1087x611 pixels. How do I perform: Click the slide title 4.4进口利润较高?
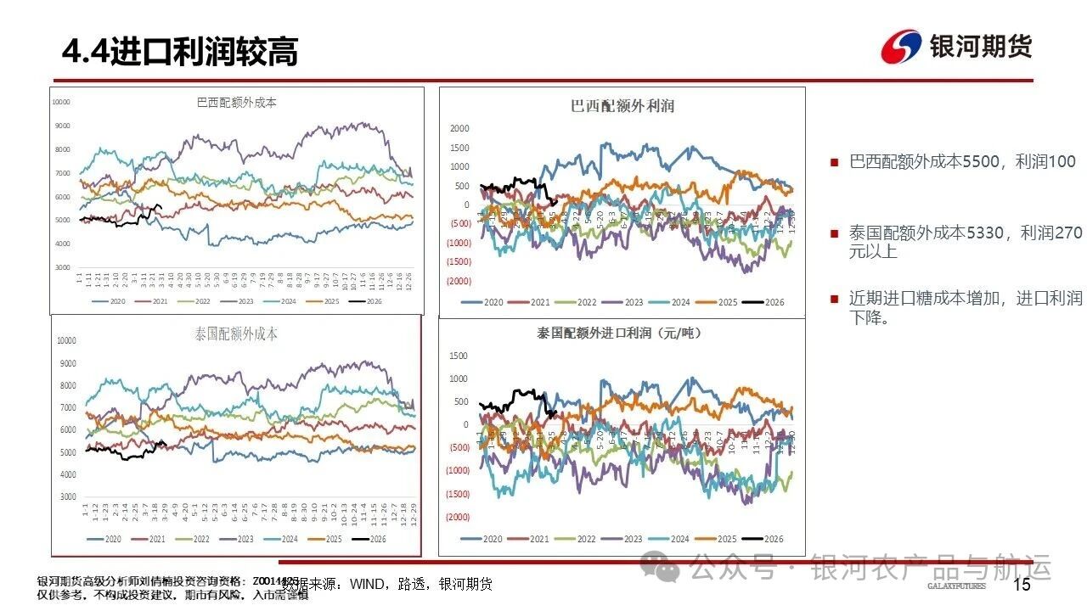180,53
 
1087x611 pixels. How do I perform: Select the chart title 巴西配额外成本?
236,103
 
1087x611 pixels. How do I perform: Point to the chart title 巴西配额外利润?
622,106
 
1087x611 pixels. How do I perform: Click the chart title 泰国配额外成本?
236,334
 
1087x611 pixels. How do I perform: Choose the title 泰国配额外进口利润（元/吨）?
622,334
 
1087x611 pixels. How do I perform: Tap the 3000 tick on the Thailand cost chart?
66,496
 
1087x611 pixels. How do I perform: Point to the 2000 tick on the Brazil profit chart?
459,129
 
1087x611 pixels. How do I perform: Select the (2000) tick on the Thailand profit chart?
459,517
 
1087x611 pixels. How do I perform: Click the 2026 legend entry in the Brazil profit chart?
763,303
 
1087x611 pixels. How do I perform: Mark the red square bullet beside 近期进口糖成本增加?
834,299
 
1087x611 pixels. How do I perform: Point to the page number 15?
1022,585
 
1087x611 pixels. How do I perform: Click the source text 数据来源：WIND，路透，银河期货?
387,584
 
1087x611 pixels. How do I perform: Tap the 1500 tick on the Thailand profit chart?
459,356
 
